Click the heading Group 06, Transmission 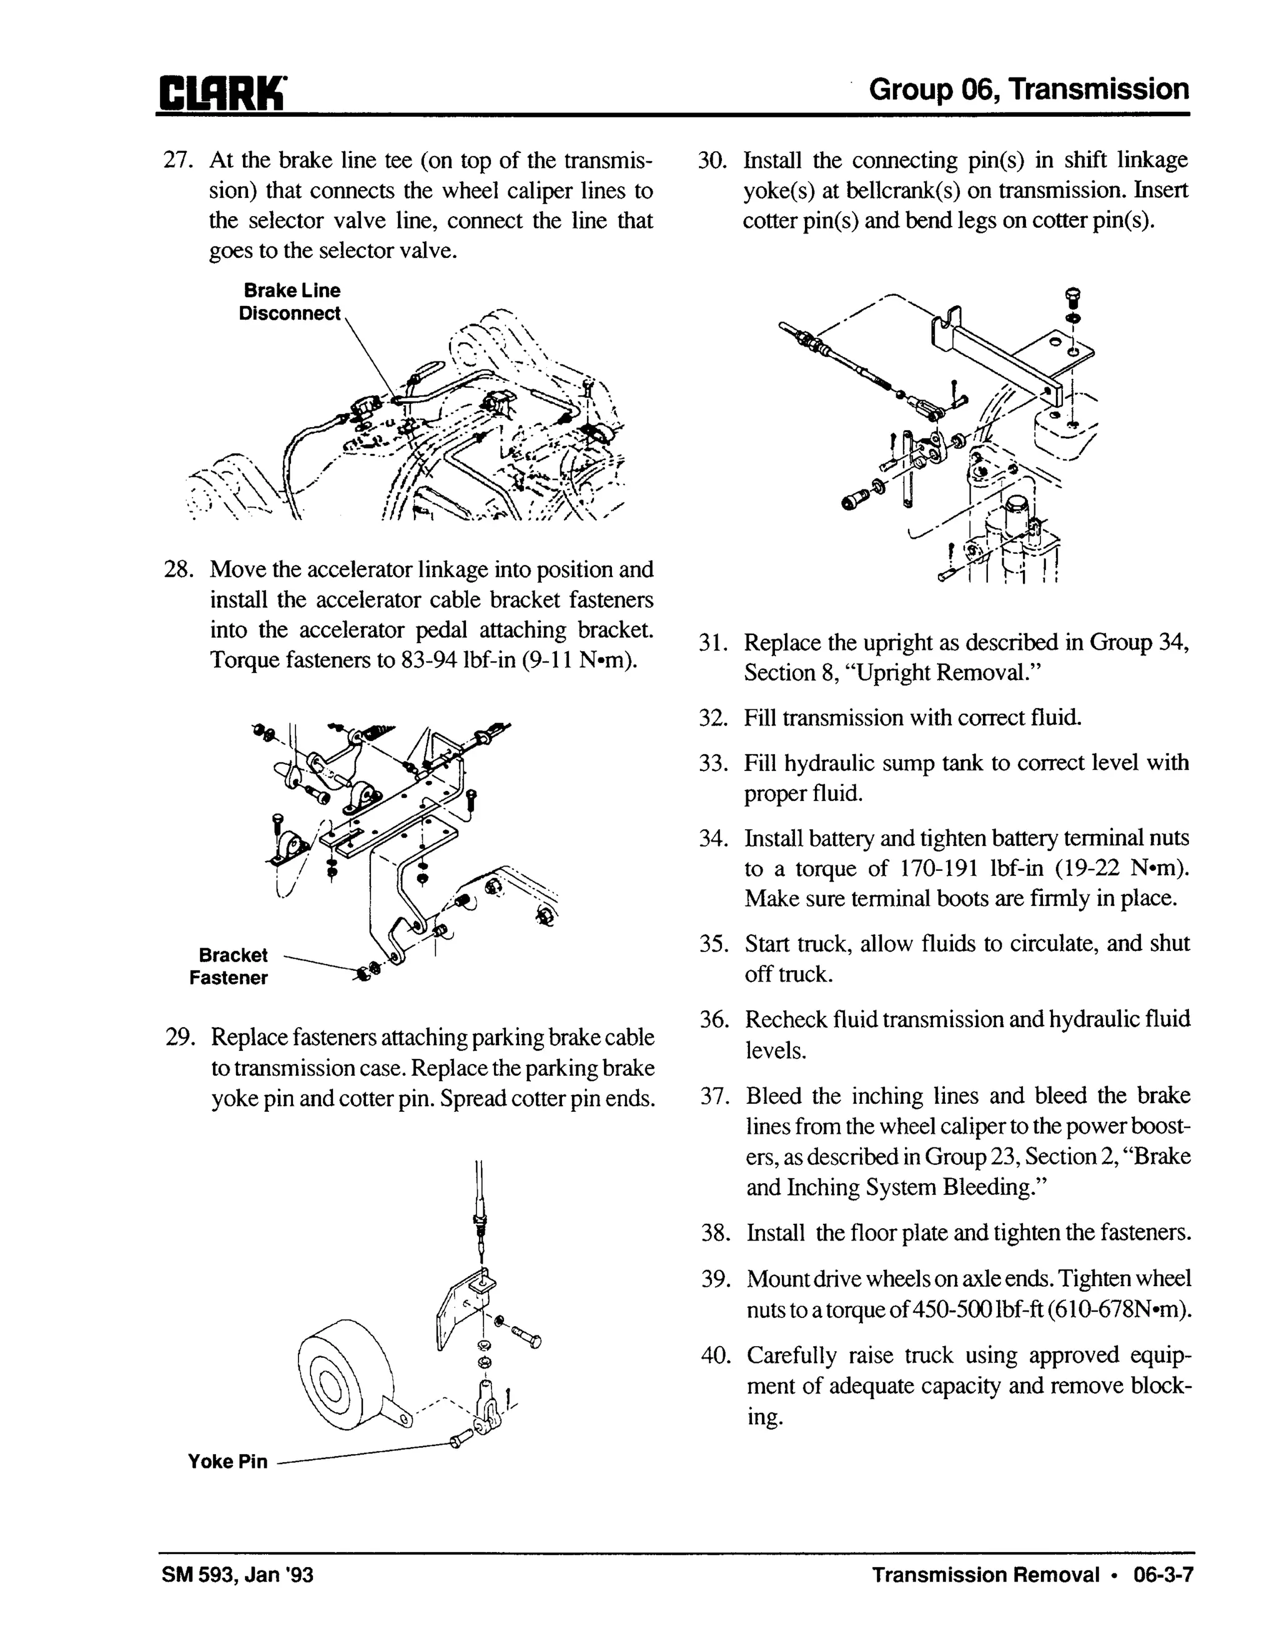(x=1029, y=90)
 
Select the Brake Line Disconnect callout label (x=290, y=302)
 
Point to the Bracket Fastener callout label (x=229, y=966)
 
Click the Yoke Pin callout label (x=228, y=1462)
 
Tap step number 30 (x=711, y=160)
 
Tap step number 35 (x=713, y=944)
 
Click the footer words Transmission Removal (x=985, y=1575)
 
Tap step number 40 (x=715, y=1356)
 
